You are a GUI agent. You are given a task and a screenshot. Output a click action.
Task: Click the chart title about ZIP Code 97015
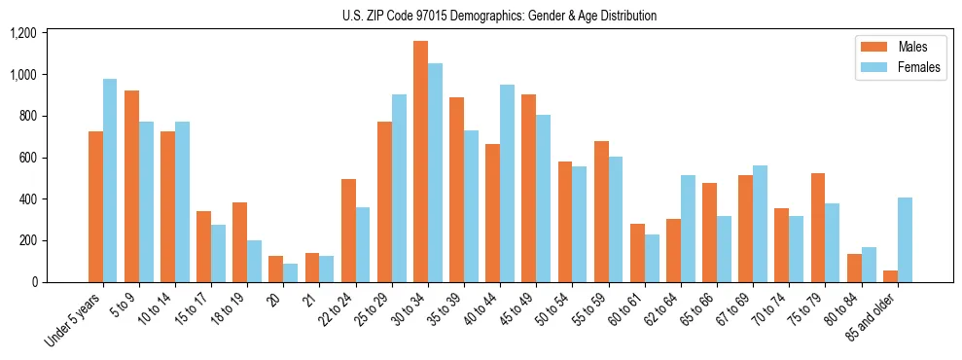coord(499,16)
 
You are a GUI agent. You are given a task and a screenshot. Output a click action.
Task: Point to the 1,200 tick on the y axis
coord(22,33)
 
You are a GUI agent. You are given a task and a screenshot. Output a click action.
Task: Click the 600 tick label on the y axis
coord(26,158)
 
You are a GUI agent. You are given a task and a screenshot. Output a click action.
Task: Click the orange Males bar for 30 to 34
coord(420,162)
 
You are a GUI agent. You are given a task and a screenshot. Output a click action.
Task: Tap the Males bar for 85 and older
coord(890,276)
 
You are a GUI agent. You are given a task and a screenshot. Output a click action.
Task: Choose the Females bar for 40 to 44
coord(507,183)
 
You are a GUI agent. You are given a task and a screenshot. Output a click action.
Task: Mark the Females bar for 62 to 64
coord(688,229)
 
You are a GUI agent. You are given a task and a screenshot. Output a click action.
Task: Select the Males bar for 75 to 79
coord(818,228)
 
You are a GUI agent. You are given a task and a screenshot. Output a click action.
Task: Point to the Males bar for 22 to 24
coord(348,231)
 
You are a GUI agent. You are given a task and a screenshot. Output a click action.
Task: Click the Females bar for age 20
coord(291,272)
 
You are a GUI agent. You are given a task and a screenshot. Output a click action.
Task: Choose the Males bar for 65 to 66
coord(710,233)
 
